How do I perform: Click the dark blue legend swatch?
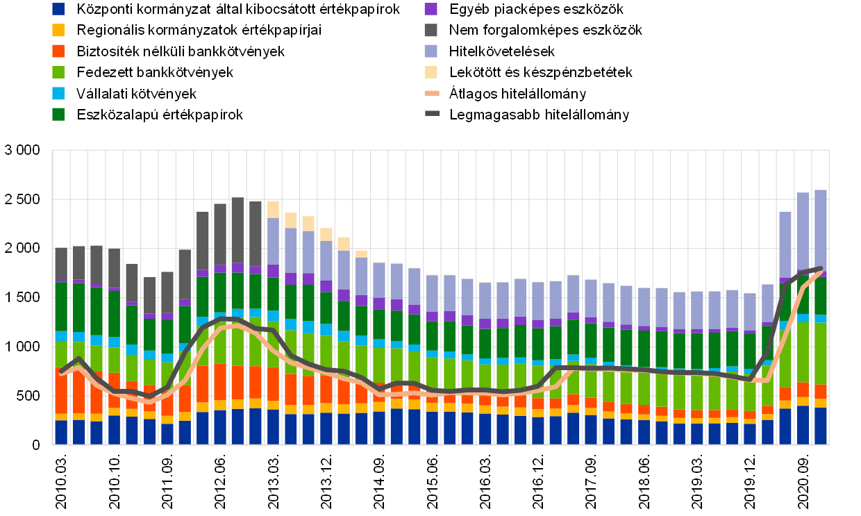coord(58,9)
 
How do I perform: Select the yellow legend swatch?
coord(58,30)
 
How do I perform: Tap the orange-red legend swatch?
coord(58,51)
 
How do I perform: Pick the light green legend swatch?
coord(58,72)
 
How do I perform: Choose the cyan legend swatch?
coord(58,93)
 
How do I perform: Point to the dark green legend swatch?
coord(58,114)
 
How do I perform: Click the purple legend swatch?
coord(430,9)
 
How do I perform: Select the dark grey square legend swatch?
coord(430,30)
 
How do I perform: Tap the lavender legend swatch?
coord(430,51)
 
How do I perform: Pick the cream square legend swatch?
coord(430,72)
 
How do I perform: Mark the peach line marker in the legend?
coord(432,93)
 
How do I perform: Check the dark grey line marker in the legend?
coord(432,113)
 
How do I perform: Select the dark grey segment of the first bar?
coord(61,263)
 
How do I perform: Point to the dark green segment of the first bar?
coord(61,306)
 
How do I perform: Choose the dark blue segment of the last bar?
coord(821,426)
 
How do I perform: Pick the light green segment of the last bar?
coord(821,353)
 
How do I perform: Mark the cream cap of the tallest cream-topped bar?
coord(274,209)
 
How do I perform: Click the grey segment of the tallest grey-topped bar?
coord(238,230)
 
